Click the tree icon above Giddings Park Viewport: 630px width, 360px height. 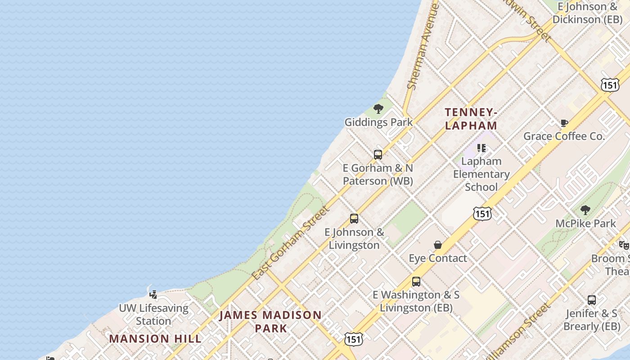(378, 108)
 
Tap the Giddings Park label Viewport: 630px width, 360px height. (378, 122)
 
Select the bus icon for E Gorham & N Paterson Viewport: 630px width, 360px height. (378, 155)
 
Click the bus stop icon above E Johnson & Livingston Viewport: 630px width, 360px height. (354, 219)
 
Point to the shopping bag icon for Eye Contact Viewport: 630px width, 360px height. (438, 245)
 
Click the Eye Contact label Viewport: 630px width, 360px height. (438, 258)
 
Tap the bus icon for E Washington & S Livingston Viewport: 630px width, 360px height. (416, 282)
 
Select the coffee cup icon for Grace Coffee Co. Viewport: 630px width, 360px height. (564, 123)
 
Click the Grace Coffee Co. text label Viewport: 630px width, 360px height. (564, 136)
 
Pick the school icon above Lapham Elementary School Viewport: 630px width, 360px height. (481, 148)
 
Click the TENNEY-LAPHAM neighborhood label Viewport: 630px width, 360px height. (471, 119)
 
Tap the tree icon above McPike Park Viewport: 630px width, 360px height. (585, 210)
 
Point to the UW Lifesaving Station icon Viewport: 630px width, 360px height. (153, 295)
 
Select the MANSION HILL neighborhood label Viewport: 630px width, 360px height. (155, 338)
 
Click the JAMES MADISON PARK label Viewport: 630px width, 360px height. (270, 321)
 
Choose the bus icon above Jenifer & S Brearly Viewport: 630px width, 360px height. (592, 300)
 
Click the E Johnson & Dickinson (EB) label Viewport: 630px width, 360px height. (587, 13)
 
